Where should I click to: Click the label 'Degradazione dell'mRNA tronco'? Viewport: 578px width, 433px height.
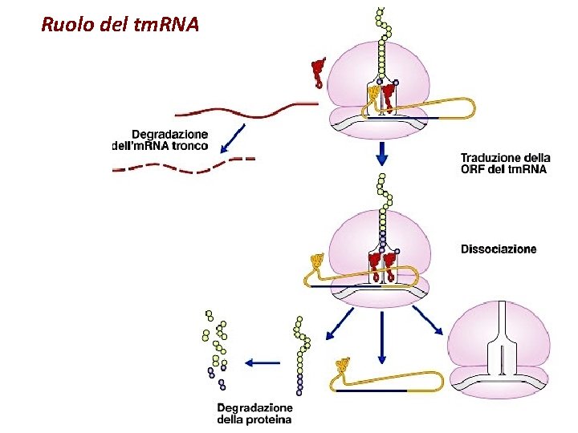coord(160,140)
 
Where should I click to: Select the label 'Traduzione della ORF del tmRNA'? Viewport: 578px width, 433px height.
coord(503,164)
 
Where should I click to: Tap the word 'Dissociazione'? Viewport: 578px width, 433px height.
coord(498,249)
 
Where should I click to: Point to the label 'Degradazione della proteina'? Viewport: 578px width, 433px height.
coord(254,413)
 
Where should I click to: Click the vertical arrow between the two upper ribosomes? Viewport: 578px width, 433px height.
coord(381,152)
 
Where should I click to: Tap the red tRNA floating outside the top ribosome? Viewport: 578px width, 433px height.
coord(319,71)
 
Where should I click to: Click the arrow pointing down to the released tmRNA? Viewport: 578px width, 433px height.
coord(381,337)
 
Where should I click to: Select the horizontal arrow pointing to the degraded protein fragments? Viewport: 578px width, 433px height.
coord(262,362)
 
